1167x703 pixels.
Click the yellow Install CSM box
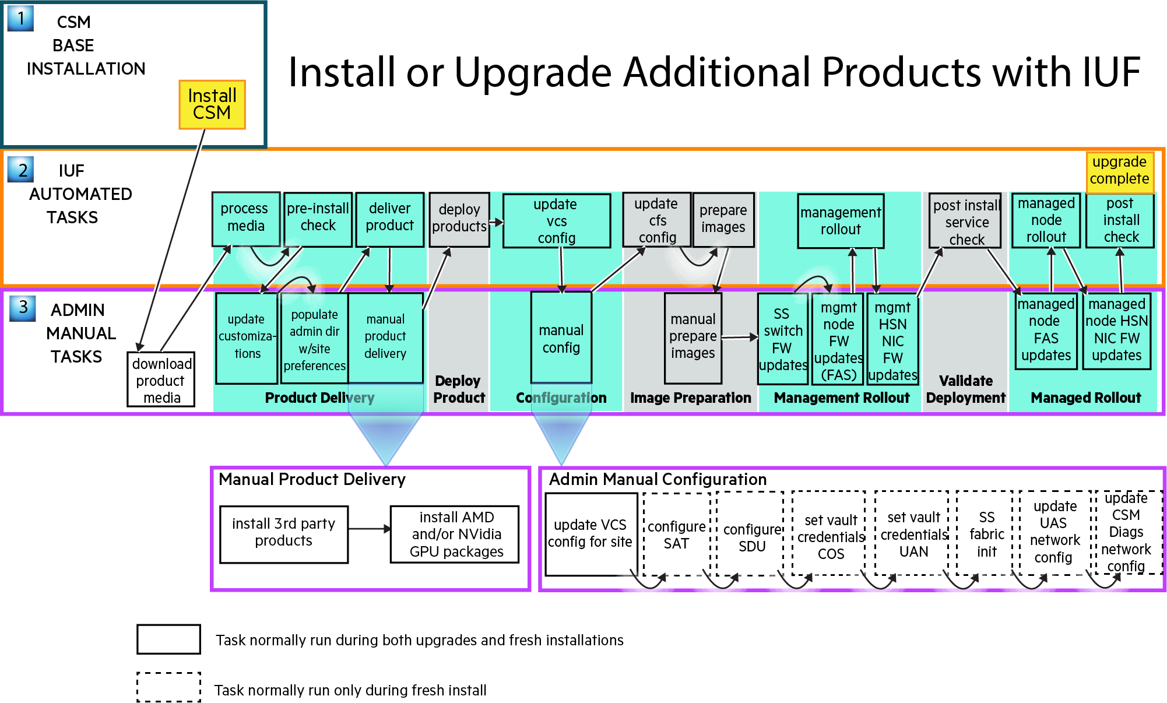pyautogui.click(x=212, y=104)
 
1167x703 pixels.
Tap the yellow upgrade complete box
pyautogui.click(x=1119, y=170)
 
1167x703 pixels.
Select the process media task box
pyautogui.click(x=245, y=218)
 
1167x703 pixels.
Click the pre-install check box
pyautogui.click(x=318, y=218)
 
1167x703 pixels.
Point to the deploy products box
pyautogui.click(x=459, y=219)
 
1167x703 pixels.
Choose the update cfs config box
pyautogui.click(x=656, y=220)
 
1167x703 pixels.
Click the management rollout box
pyautogui.click(x=840, y=221)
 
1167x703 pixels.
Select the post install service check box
pyautogui.click(x=965, y=221)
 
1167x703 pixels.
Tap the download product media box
pyautogui.click(x=161, y=380)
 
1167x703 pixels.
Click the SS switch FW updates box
pyautogui.click(x=782, y=339)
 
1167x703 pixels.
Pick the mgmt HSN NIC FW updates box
pyautogui.click(x=892, y=340)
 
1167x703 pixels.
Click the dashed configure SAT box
pyautogui.click(x=676, y=534)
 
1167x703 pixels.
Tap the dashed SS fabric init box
pyautogui.click(x=986, y=533)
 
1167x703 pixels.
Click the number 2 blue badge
pyautogui.click(x=21, y=170)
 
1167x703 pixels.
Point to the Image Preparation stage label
pyautogui.click(x=690, y=398)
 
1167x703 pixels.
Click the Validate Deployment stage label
pyautogui.click(x=965, y=389)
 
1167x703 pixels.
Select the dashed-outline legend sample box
pyautogui.click(x=168, y=687)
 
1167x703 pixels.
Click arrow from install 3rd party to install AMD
pyautogui.click(x=369, y=529)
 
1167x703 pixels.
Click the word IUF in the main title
pyautogui.click(x=1110, y=72)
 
